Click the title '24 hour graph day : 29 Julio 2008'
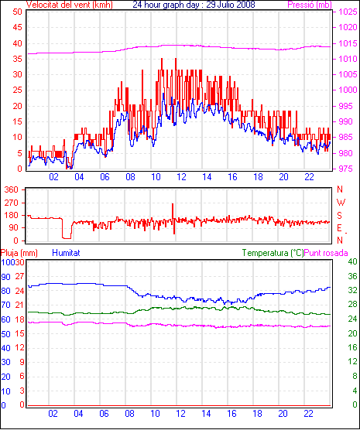[x=194, y=5]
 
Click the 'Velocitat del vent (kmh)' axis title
[x=70, y=5]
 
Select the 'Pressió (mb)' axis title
[x=310, y=5]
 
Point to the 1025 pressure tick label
[x=348, y=12]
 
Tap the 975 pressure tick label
[x=347, y=169]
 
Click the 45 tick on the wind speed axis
[x=17, y=27]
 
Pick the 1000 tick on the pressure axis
[x=348, y=90]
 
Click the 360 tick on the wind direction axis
[x=12, y=189]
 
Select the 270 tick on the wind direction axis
[x=12, y=203]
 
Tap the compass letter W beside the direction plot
[x=341, y=203]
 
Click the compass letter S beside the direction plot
[x=339, y=216]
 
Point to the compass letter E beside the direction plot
[x=339, y=228]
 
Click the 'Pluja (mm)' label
[x=19, y=253]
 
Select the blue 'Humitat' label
[x=66, y=253]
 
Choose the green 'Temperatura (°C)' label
[x=273, y=253]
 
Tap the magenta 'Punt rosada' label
[x=326, y=253]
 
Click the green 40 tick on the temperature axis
[x=352, y=261]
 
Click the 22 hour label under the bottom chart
[x=308, y=413]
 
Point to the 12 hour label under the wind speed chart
[x=181, y=177]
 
